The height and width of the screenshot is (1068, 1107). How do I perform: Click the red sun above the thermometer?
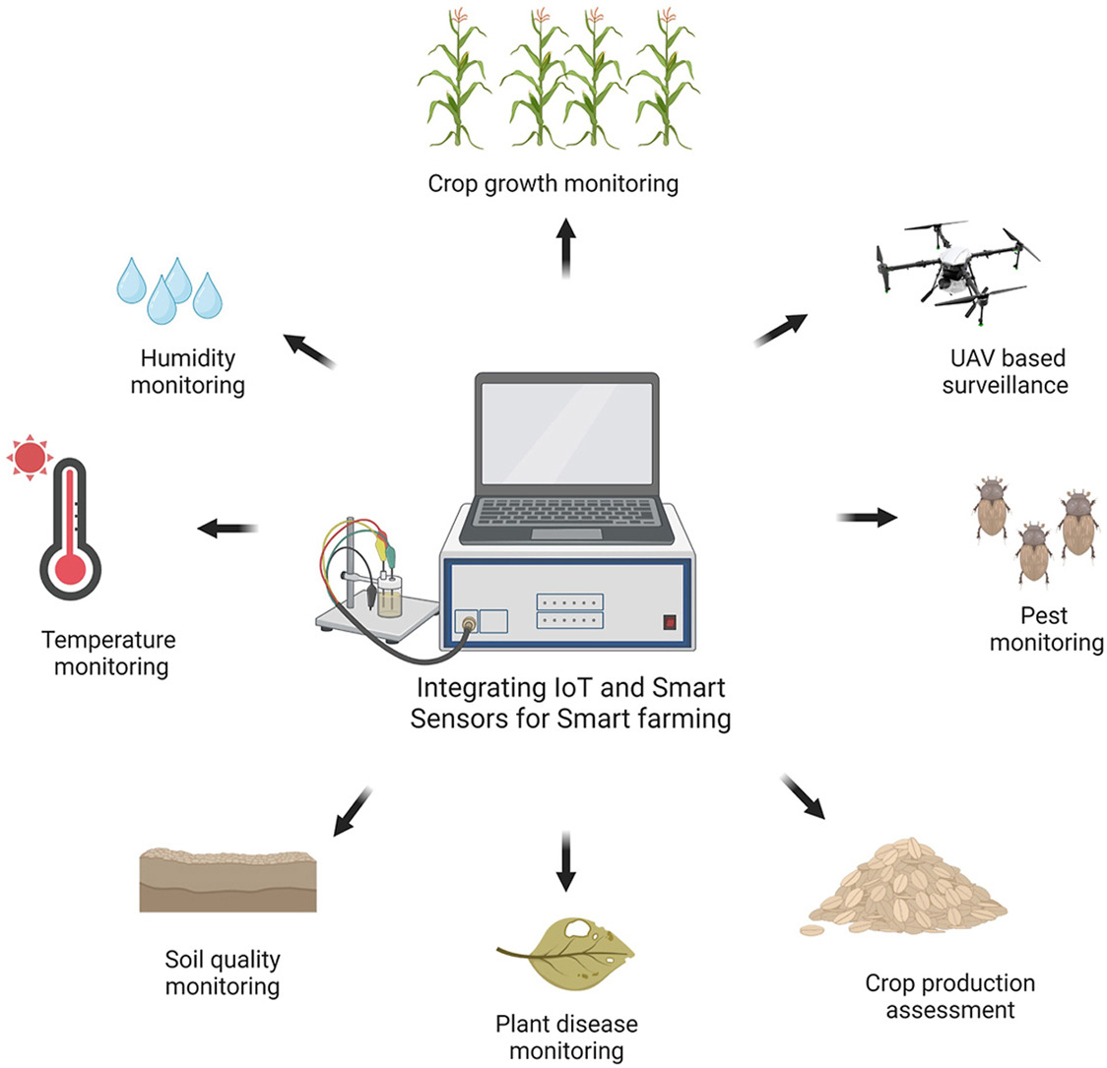coord(30,456)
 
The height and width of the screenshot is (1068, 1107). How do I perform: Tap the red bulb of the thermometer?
coord(69,568)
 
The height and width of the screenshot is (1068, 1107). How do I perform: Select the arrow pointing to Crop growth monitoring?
coord(566,248)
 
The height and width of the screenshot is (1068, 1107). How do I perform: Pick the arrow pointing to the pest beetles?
coord(867,517)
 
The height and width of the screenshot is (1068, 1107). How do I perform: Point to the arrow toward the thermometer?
coord(228,529)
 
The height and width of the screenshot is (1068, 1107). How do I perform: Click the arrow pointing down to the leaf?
coord(566,860)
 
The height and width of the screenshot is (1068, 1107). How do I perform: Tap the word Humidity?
coord(187,357)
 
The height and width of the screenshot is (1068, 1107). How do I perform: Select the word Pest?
coord(1044,615)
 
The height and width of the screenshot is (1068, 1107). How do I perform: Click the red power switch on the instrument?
coord(671,621)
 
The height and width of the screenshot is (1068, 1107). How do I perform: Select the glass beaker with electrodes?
coord(390,596)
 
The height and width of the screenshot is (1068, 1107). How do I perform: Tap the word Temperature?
coord(108,640)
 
